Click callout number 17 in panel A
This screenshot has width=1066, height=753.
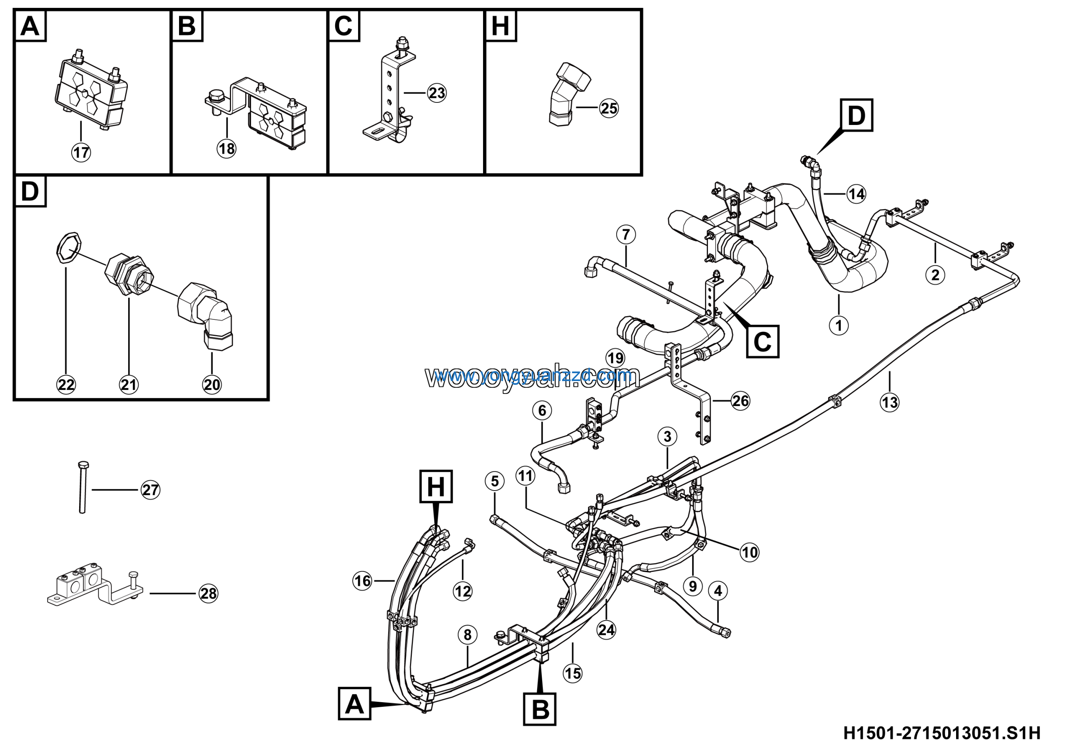coord(81,152)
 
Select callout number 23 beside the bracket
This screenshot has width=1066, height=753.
coord(436,93)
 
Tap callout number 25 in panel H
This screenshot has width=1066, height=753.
coord(609,108)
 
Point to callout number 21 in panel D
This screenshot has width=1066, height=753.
coord(129,384)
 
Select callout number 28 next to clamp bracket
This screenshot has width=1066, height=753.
coord(209,593)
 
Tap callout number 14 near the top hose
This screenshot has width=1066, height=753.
coord(856,194)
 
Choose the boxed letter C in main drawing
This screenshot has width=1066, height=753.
coord(762,342)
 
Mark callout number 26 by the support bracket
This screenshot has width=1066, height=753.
coord(740,400)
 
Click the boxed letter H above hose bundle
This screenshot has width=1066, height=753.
coord(436,486)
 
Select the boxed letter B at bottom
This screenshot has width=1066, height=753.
coord(540,709)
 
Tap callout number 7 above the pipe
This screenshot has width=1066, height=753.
coord(626,234)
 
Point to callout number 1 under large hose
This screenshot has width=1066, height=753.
coord(839,325)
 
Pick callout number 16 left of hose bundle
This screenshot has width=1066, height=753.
coord(362,581)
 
